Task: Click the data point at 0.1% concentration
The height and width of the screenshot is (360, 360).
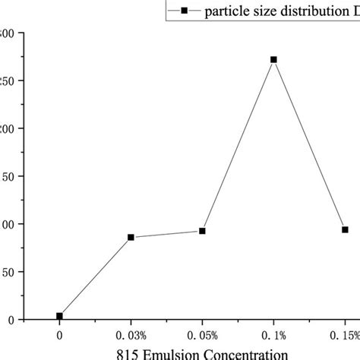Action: [x=273, y=59]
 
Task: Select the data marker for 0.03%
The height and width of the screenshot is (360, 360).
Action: [x=131, y=237]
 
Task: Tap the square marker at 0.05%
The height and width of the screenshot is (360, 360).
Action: [x=202, y=231]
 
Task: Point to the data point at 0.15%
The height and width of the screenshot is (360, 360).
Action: [x=345, y=229]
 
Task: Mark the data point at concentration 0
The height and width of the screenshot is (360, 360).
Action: [x=59, y=316]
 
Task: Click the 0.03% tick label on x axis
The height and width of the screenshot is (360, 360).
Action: [x=131, y=335]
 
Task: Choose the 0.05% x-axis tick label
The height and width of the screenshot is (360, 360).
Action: [x=202, y=335]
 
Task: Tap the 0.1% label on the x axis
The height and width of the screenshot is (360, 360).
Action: [x=273, y=335]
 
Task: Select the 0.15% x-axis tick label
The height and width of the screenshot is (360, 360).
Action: [x=344, y=335]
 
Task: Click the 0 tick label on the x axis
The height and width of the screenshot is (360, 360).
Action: [x=59, y=335]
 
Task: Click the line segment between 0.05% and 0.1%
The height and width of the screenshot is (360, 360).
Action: [x=238, y=145]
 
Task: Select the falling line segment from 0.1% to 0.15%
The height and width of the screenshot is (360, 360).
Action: [x=309, y=144]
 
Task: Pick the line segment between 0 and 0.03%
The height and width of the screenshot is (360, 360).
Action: [x=95, y=276]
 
